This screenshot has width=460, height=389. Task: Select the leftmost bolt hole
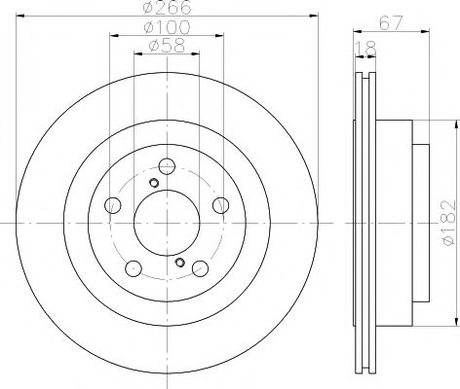[x=112, y=204]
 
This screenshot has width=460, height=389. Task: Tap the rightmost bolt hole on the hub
[x=220, y=203]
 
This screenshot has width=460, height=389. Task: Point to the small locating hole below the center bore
[x=178, y=263]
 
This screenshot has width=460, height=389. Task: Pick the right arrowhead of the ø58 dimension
[x=197, y=55]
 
